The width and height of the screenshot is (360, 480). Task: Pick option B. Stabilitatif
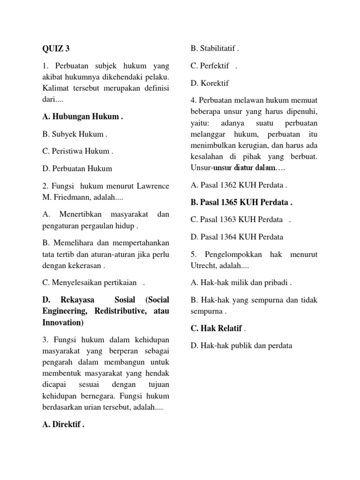tap(214, 48)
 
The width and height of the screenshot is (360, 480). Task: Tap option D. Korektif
tap(210, 83)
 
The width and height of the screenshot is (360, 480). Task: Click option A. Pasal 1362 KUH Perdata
tap(238, 185)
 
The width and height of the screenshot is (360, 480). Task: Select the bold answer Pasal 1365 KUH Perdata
tap(241, 202)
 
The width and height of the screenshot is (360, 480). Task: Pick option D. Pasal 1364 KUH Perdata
tap(237, 237)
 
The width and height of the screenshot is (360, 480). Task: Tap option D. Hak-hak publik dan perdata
tap(241, 345)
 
